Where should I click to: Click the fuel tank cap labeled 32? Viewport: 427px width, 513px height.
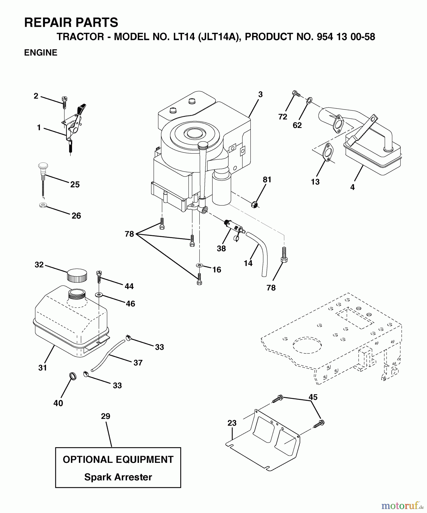pos(77,275)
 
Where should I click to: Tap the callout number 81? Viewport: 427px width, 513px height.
pos(267,180)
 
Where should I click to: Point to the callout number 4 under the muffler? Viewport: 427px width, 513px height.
pos(352,187)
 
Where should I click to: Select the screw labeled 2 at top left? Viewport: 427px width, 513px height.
pos(64,101)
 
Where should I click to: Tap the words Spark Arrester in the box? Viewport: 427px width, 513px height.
pos(118,477)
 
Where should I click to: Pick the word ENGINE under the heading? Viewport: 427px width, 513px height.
pos(41,53)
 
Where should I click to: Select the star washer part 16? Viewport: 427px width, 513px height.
pos(199,265)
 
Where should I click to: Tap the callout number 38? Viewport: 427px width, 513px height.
pos(221,249)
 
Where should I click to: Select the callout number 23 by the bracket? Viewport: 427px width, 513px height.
pos(232,423)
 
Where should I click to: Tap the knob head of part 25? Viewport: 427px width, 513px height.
pos(43,166)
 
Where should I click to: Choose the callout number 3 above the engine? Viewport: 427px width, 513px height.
pos(260,94)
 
